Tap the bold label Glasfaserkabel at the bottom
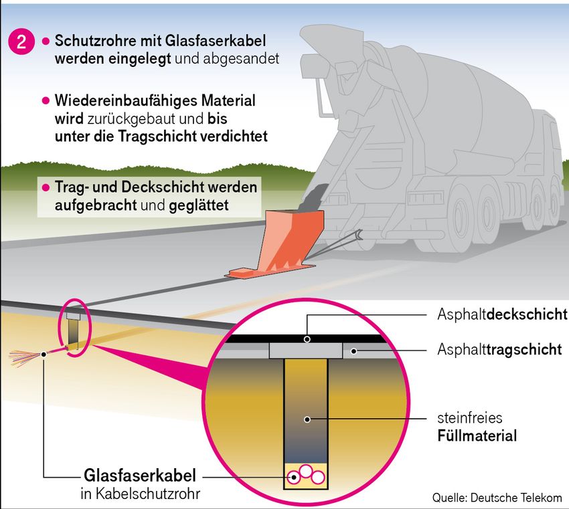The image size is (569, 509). click(141, 476)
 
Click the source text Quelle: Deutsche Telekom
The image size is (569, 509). click(497, 497)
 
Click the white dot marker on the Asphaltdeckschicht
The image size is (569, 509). click(307, 339)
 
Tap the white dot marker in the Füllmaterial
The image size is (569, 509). click(307, 419)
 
